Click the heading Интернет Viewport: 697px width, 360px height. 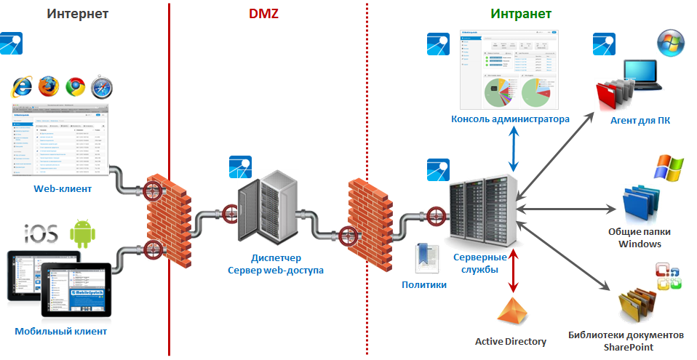78,13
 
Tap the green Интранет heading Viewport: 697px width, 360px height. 520,13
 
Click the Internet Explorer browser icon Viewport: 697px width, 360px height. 22,87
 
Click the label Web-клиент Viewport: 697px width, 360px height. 63,189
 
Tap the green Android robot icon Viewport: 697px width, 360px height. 82,235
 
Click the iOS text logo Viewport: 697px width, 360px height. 41,236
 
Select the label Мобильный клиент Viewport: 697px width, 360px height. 61,332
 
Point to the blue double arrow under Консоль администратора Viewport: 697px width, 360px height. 516,148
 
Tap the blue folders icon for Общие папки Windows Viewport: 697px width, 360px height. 641,204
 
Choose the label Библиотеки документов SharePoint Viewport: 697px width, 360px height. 626,341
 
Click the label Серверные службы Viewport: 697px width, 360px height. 475,263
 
